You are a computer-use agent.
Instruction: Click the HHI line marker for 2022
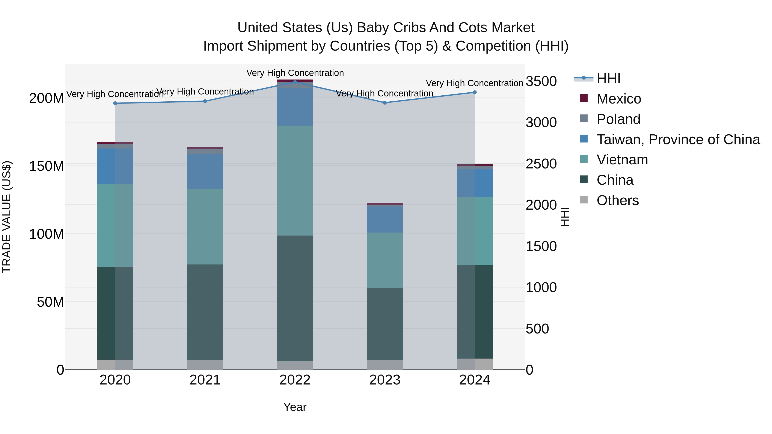[x=295, y=82]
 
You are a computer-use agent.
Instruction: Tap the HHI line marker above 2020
[x=115, y=103]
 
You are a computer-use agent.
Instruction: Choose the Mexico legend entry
[x=618, y=99]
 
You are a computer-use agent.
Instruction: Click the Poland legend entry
[x=618, y=119]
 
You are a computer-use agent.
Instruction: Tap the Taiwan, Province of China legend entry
[x=678, y=140]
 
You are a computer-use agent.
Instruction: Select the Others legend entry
[x=617, y=200]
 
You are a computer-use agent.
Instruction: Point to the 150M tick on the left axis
[x=47, y=166]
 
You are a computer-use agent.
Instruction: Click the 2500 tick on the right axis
[x=541, y=164]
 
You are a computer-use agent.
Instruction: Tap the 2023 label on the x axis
[x=384, y=380]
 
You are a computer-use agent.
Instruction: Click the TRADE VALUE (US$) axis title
[x=7, y=217]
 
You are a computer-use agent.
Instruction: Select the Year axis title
[x=295, y=407]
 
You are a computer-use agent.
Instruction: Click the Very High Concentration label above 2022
[x=295, y=73]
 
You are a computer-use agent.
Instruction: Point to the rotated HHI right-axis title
[x=564, y=217]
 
